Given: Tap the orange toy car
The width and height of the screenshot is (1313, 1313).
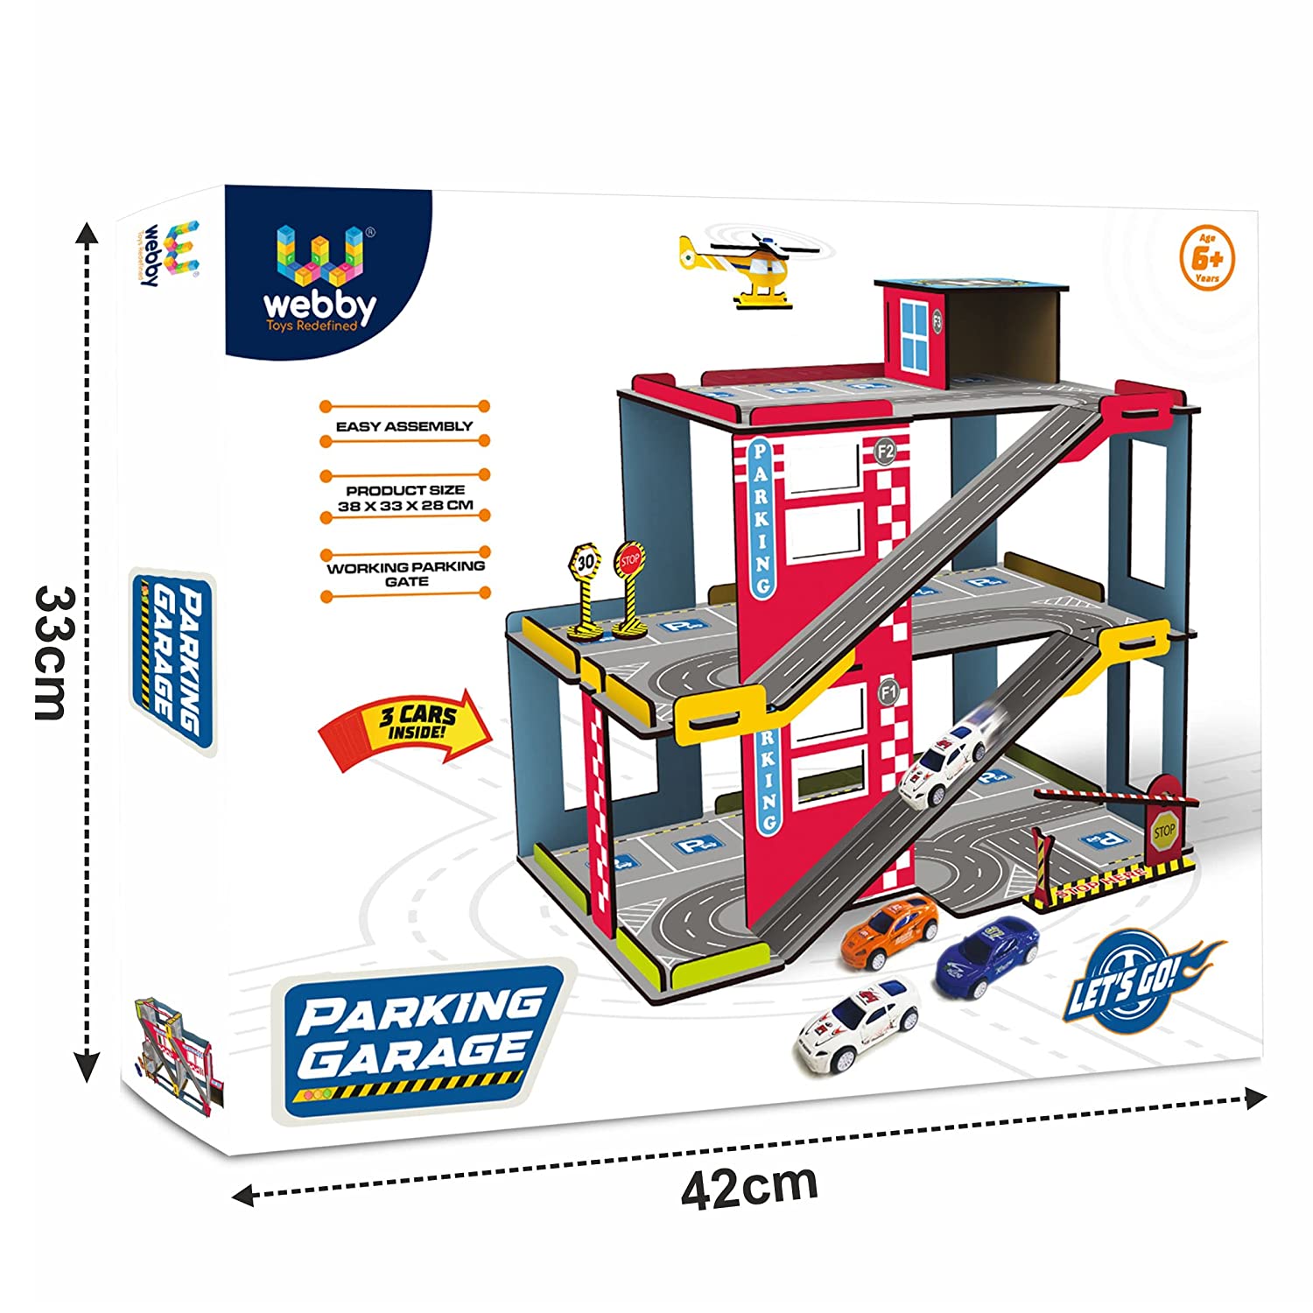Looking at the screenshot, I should click(889, 931).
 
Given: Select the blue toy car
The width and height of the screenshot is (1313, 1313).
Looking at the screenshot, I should click(987, 955).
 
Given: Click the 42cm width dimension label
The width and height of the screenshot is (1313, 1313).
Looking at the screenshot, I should click(749, 1185).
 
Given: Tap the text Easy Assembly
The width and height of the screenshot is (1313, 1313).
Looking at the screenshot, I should click(404, 426).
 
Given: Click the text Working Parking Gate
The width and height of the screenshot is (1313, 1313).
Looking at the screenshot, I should click(406, 573).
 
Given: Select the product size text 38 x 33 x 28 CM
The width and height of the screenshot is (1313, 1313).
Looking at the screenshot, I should click(405, 498).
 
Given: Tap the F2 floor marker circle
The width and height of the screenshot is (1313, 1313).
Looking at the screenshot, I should click(885, 452).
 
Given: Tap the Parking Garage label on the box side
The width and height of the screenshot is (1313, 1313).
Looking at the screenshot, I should click(174, 660).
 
